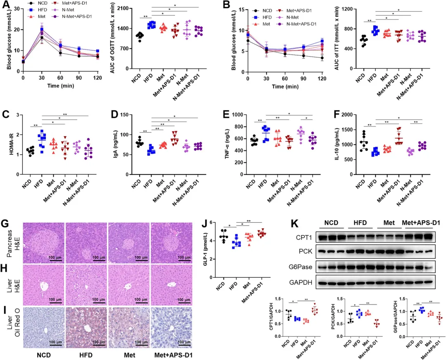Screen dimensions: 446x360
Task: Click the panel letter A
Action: [6, 5]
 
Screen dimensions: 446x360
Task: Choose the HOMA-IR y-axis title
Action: [12, 144]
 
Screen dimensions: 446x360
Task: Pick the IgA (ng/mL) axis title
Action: [116, 144]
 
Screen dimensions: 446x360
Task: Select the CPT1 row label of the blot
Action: [304, 237]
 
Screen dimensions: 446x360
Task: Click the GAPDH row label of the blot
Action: [301, 282]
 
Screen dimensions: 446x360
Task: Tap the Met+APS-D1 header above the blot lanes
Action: [421, 222]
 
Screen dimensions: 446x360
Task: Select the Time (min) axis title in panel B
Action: [285, 86]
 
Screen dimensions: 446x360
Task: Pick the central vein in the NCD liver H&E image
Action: [43, 286]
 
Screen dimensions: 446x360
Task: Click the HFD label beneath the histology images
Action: [86, 355]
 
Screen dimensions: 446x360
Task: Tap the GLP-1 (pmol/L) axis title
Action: [205, 250]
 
